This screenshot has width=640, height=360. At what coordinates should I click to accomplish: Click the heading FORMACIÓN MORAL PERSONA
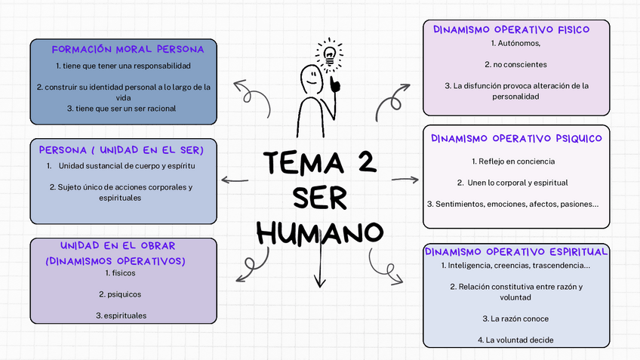pyautogui.click(x=128, y=49)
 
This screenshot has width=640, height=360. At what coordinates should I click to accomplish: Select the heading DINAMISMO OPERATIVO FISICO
pyautogui.click(x=511, y=29)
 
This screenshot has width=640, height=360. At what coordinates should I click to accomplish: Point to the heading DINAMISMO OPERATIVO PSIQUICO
pyautogui.click(x=516, y=138)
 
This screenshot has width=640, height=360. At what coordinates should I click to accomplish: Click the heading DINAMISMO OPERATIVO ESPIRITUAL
pyautogui.click(x=516, y=251)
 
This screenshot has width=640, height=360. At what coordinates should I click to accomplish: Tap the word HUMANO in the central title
pyautogui.click(x=319, y=232)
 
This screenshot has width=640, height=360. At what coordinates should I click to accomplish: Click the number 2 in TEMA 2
pyautogui.click(x=368, y=162)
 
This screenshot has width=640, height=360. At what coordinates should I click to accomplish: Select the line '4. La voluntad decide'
pyautogui.click(x=515, y=340)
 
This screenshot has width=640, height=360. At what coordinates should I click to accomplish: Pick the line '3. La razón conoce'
pyautogui.click(x=515, y=318)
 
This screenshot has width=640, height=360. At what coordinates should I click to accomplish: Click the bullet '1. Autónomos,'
pyautogui.click(x=515, y=44)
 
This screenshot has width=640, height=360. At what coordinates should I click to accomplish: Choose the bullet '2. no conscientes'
pyautogui.click(x=515, y=64)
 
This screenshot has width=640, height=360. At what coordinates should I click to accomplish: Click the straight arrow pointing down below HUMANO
pyautogui.click(x=320, y=268)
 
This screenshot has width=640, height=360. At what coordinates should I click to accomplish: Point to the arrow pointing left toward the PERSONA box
pyautogui.click(x=235, y=180)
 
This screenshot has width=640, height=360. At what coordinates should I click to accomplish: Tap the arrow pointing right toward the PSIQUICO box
pyautogui.click(x=405, y=180)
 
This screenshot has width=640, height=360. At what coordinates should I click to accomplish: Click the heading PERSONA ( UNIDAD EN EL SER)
pyautogui.click(x=121, y=149)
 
